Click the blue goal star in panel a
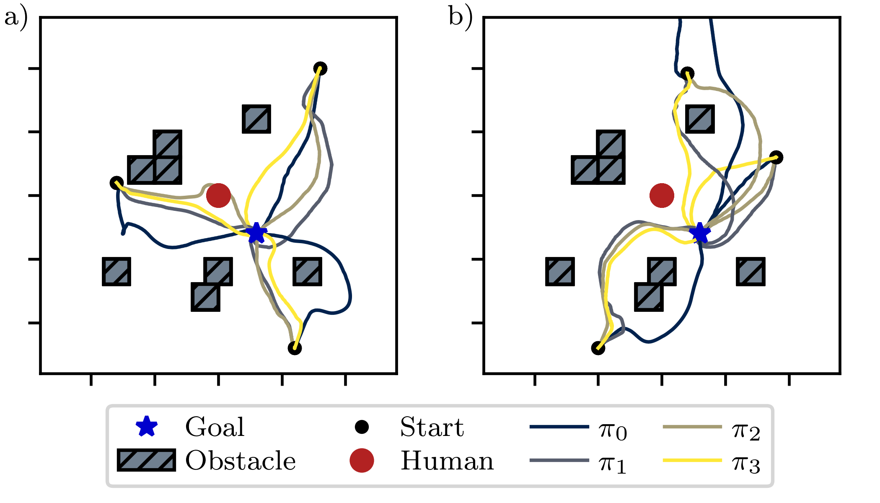click(256, 233)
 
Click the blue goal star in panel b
click(699, 233)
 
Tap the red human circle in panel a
click(218, 195)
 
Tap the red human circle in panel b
click(662, 195)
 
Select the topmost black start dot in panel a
click(320, 68)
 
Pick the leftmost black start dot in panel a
click(116, 183)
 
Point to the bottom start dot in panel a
click(295, 348)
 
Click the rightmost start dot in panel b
click(776, 158)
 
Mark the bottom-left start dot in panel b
click(598, 348)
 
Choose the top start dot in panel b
click(687, 74)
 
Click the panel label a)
click(16, 18)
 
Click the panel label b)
click(460, 18)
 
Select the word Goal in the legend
click(215, 427)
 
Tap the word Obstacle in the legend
click(241, 461)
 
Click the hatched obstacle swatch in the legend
click(146, 460)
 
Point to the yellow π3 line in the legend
click(692, 460)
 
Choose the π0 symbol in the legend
click(613, 430)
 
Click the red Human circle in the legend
click(362, 460)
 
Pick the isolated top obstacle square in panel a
click(256, 119)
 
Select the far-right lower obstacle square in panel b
click(751, 272)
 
